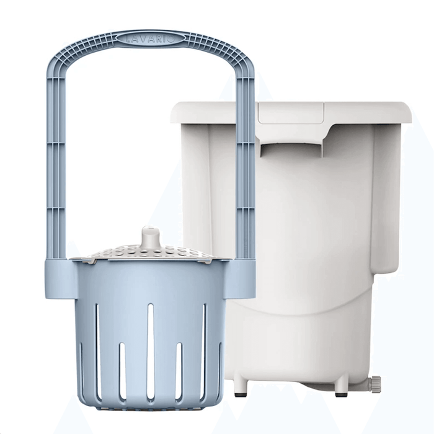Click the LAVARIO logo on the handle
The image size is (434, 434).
[x=150, y=39]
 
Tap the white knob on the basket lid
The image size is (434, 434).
[x=149, y=237]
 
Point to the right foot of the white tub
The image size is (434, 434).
[x=340, y=385]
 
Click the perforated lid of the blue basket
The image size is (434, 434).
[x=149, y=252]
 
